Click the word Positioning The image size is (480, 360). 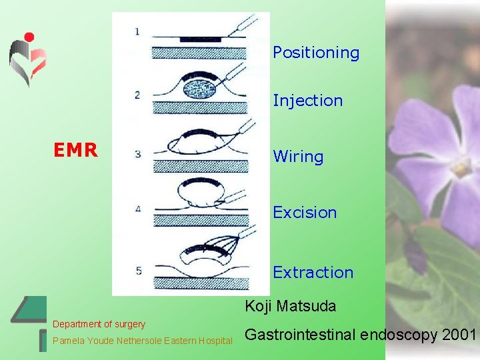pos(315,53)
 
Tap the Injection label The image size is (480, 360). pos(307,101)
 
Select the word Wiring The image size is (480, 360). pos(298,157)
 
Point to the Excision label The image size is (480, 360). pos(305,213)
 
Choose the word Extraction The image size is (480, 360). pos(313,272)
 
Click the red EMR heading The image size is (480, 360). pos(75,150)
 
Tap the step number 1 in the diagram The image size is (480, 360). pos(137,31)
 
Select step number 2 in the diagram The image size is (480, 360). pos(137,95)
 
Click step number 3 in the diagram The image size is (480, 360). pos(138,154)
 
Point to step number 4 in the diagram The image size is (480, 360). pos(138,209)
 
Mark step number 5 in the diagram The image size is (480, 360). pos(138,271)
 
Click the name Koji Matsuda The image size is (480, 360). pos(290,307)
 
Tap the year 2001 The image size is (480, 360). pos(459,334)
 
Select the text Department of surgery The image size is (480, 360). pos(99,324)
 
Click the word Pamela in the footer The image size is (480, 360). pos(67,341)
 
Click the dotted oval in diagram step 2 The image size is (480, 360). pos(197,89)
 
